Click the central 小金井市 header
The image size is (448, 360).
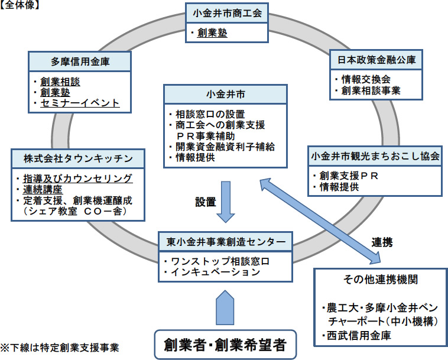point(226,94)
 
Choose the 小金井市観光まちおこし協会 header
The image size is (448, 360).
point(375,157)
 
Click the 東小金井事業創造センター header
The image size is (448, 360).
point(226,242)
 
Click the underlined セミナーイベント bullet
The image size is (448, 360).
point(80,103)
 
